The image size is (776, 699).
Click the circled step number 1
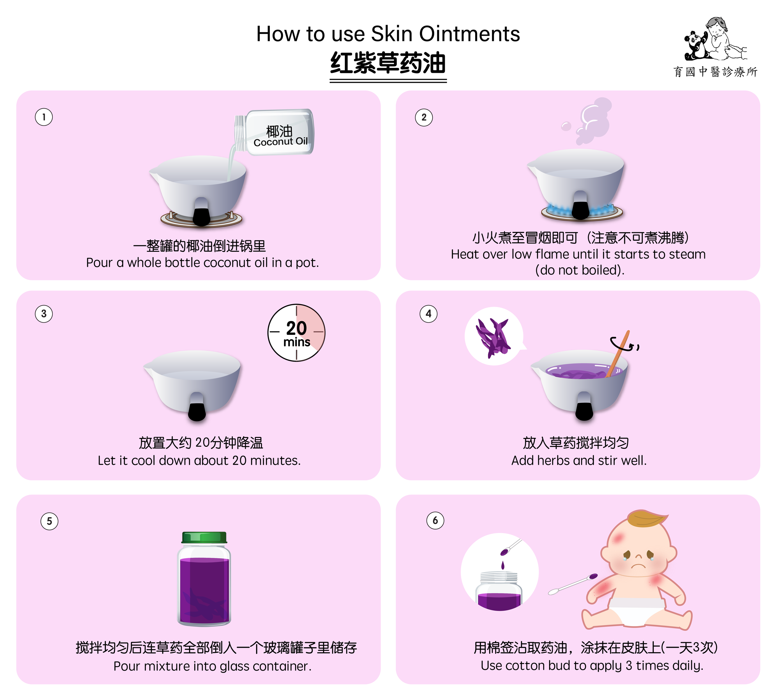[x=44, y=117]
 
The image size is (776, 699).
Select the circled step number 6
[x=435, y=520]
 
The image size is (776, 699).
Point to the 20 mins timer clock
[x=296, y=333]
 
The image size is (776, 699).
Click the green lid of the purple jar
[x=204, y=537]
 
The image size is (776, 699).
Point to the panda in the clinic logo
[x=696, y=46]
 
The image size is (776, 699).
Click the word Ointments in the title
[x=469, y=34]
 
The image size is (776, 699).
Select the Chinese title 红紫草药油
[x=388, y=63]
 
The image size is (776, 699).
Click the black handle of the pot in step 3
[x=197, y=407]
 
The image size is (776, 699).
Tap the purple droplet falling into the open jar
[x=503, y=565]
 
